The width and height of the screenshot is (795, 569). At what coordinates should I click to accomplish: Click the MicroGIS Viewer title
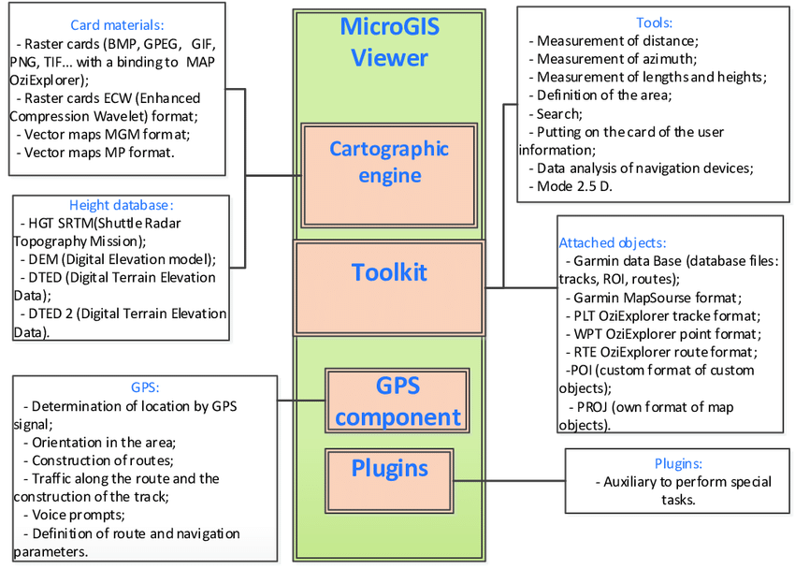point(389,42)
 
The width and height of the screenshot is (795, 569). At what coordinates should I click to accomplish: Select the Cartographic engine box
point(389,162)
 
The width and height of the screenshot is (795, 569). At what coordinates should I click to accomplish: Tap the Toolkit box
point(389,272)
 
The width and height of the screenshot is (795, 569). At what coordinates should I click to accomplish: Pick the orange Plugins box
point(389,468)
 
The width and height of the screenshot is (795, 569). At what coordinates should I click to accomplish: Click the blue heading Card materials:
point(117,24)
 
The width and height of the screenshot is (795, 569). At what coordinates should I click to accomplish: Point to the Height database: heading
point(122,205)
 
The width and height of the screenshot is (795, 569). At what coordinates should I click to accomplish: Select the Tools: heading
point(654,22)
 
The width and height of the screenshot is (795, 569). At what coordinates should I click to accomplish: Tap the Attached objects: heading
point(612,242)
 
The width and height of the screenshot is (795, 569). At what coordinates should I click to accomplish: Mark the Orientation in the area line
point(104,442)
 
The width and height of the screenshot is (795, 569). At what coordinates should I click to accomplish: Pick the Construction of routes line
point(103,460)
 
